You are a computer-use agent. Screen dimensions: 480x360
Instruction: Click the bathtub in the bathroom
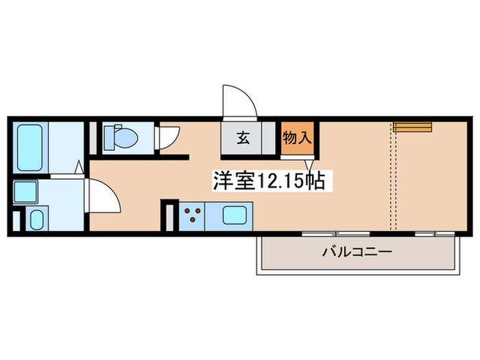(29, 147)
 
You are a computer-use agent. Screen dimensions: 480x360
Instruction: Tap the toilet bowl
(125, 138)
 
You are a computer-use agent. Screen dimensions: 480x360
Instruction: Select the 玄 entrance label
(243, 138)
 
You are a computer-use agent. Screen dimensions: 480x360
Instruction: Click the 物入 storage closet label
(297, 138)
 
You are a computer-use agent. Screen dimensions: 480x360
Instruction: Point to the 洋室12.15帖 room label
(269, 181)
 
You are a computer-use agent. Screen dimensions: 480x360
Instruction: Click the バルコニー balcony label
(357, 252)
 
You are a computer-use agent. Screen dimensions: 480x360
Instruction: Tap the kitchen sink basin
(235, 215)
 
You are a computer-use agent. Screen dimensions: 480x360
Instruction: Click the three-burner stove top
(191, 216)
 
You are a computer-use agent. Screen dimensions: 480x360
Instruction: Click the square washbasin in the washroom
(25, 192)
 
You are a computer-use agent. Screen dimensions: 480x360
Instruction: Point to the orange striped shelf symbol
(412, 127)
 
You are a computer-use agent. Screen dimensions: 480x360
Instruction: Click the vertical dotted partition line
(394, 176)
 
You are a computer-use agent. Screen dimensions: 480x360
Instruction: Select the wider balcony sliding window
(336, 235)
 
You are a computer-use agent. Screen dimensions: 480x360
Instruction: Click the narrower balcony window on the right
(435, 235)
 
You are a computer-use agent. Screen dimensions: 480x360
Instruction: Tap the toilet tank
(108, 138)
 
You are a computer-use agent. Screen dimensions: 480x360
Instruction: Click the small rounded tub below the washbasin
(37, 219)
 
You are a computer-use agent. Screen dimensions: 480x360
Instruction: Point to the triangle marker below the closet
(309, 165)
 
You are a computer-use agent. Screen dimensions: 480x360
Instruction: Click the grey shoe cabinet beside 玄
(269, 138)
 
